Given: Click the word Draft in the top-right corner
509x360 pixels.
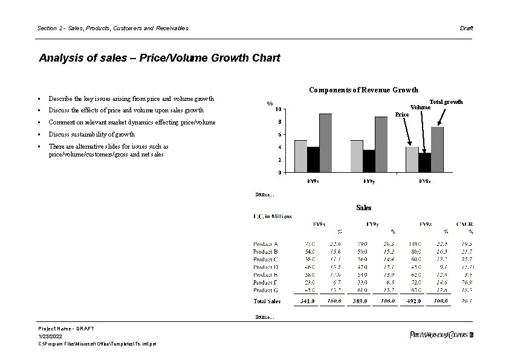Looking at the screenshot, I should pyautogui.click(x=466, y=28).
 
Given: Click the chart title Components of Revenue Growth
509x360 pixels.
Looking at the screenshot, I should pyautogui.click(x=363, y=90).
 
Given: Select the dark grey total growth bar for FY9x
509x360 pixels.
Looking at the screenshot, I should pyautogui.click(x=325, y=143).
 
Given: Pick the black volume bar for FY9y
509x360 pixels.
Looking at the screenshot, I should pyautogui.click(x=369, y=161).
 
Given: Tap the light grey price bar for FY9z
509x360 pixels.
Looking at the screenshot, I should pyautogui.click(x=412, y=159).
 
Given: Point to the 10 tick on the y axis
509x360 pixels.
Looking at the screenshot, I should pyautogui.click(x=277, y=109).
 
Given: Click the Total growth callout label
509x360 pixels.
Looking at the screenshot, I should pyautogui.click(x=446, y=101).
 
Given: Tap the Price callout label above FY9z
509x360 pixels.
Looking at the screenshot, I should pyautogui.click(x=401, y=114).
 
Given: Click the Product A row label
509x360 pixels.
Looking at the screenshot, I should pyautogui.click(x=265, y=243).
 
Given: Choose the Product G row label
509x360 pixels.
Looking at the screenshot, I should pyautogui.click(x=265, y=289).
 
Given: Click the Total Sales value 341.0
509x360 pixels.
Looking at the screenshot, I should pyautogui.click(x=308, y=301).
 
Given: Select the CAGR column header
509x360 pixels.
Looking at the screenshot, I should pyautogui.click(x=465, y=224).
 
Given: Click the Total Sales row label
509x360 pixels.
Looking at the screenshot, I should pyautogui.click(x=267, y=301).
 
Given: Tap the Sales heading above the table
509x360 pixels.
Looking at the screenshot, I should pyautogui.click(x=363, y=208).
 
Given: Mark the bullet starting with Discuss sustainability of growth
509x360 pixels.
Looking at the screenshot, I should pyautogui.click(x=91, y=134).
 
